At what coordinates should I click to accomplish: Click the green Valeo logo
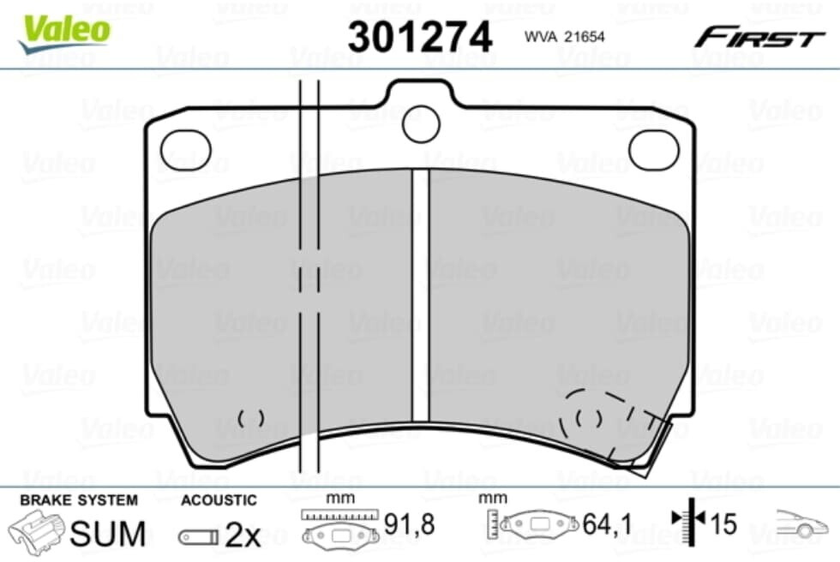tap(64, 33)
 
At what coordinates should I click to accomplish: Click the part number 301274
tap(419, 36)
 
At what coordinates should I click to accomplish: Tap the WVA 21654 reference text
tap(564, 36)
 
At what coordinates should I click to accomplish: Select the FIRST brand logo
tap(759, 38)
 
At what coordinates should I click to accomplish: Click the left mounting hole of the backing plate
tap(186, 151)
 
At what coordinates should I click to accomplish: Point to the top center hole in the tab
tap(421, 124)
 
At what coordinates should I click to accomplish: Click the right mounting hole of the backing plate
tap(653, 149)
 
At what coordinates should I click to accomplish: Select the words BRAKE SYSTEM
tap(79, 500)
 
